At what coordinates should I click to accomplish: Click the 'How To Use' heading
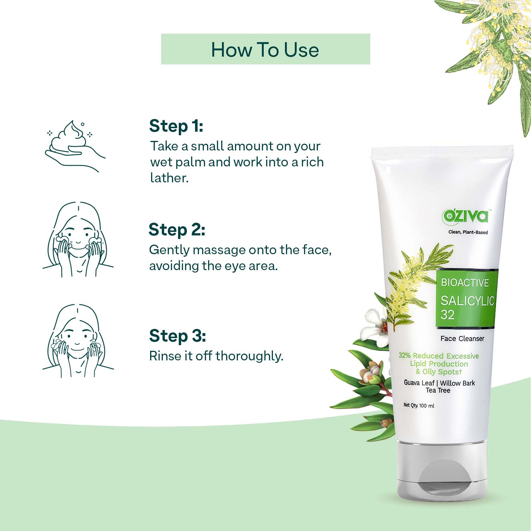265,50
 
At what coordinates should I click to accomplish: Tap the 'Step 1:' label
176,126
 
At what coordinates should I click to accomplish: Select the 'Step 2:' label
177,230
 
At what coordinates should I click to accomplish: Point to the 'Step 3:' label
177,336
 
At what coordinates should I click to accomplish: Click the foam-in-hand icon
75,146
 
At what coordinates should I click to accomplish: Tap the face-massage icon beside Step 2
78,239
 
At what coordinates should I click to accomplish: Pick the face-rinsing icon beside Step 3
78,341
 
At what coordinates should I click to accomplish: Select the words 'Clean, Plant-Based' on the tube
468,232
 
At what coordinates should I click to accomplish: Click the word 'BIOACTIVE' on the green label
465,282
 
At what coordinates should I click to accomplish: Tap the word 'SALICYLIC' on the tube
467,301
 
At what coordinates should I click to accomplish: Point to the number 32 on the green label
447,314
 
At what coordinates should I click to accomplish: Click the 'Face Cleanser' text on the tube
462,338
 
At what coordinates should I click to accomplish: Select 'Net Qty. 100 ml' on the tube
419,405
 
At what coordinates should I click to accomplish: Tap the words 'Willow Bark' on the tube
457,383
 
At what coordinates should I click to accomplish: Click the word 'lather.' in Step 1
169,178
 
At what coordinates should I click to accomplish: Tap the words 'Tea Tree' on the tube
438,390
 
